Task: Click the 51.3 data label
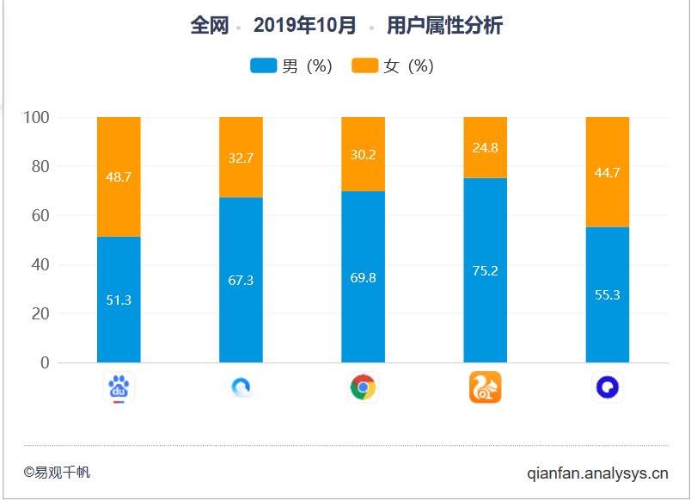119,300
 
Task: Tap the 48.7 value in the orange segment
119,176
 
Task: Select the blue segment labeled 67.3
241,281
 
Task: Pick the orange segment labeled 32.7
241,158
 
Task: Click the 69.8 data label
363,277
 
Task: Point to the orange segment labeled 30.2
363,155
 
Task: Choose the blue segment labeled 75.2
485,270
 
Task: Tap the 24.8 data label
485,147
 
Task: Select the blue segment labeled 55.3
607,294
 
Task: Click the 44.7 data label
607,172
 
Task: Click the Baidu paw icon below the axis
119,388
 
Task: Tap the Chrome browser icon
363,388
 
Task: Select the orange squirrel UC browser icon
485,388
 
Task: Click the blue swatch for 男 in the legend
263,66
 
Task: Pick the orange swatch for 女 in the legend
365,66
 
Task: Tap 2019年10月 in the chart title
304,26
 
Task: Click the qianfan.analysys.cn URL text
597,473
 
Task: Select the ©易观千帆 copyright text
57,473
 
